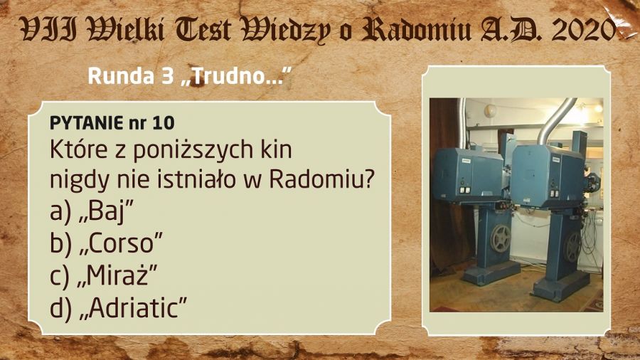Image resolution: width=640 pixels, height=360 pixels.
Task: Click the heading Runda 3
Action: click(131, 76)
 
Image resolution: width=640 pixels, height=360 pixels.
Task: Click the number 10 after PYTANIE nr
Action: click(164, 123)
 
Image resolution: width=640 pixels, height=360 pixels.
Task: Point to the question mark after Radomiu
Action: click(368, 179)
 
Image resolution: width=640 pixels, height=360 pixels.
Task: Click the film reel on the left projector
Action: click(501, 238)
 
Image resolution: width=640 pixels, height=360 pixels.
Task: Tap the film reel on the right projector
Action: click(572, 247)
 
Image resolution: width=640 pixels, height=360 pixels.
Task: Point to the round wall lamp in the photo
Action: click(490, 110)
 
